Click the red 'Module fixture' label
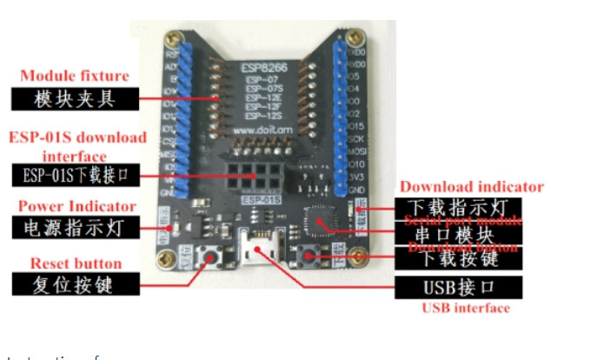point(74,77)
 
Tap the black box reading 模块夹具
point(75,98)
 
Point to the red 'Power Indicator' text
point(77,206)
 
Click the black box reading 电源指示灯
point(75,228)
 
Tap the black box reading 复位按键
point(75,284)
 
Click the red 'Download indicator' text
point(471,186)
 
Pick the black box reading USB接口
point(457,287)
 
